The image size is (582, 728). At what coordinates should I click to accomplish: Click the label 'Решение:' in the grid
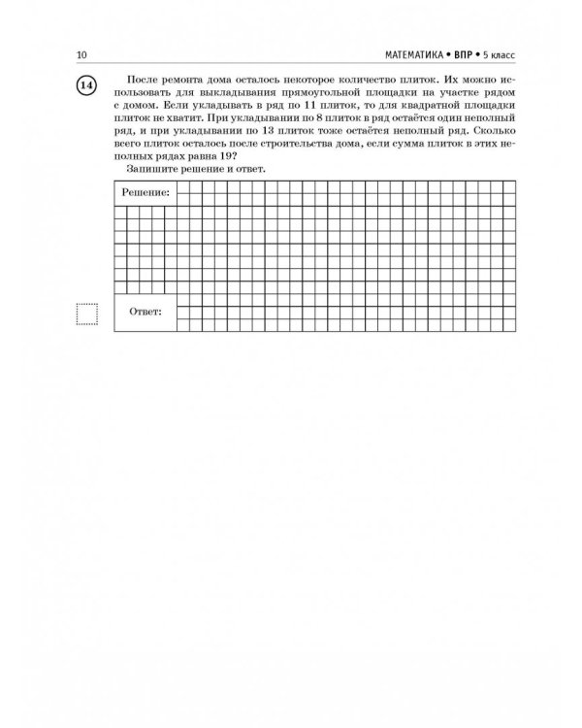145,193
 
